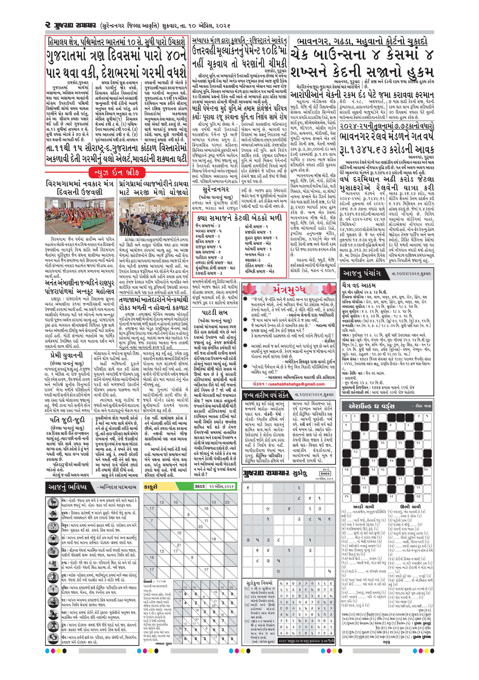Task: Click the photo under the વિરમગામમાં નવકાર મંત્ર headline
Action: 80,216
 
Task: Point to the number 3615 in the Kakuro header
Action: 199,486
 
